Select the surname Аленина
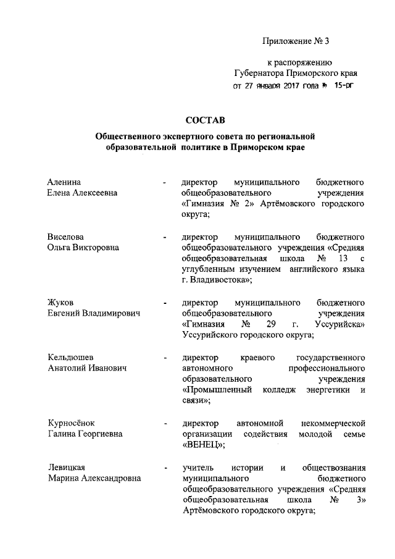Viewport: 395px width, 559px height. tap(65, 182)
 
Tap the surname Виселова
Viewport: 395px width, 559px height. tap(67, 237)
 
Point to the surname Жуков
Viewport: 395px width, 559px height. tap(60, 303)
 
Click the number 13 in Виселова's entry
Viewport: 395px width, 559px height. tap(343, 259)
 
